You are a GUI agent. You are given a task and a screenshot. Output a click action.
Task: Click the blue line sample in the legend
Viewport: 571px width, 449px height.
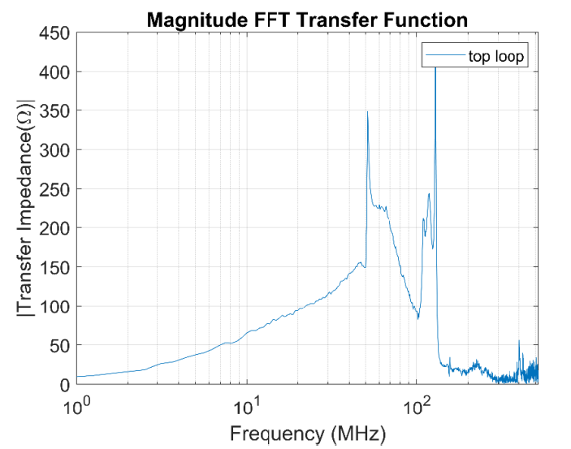coord(444,56)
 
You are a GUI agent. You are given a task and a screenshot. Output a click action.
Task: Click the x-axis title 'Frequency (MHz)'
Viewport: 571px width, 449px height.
coord(307,432)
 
